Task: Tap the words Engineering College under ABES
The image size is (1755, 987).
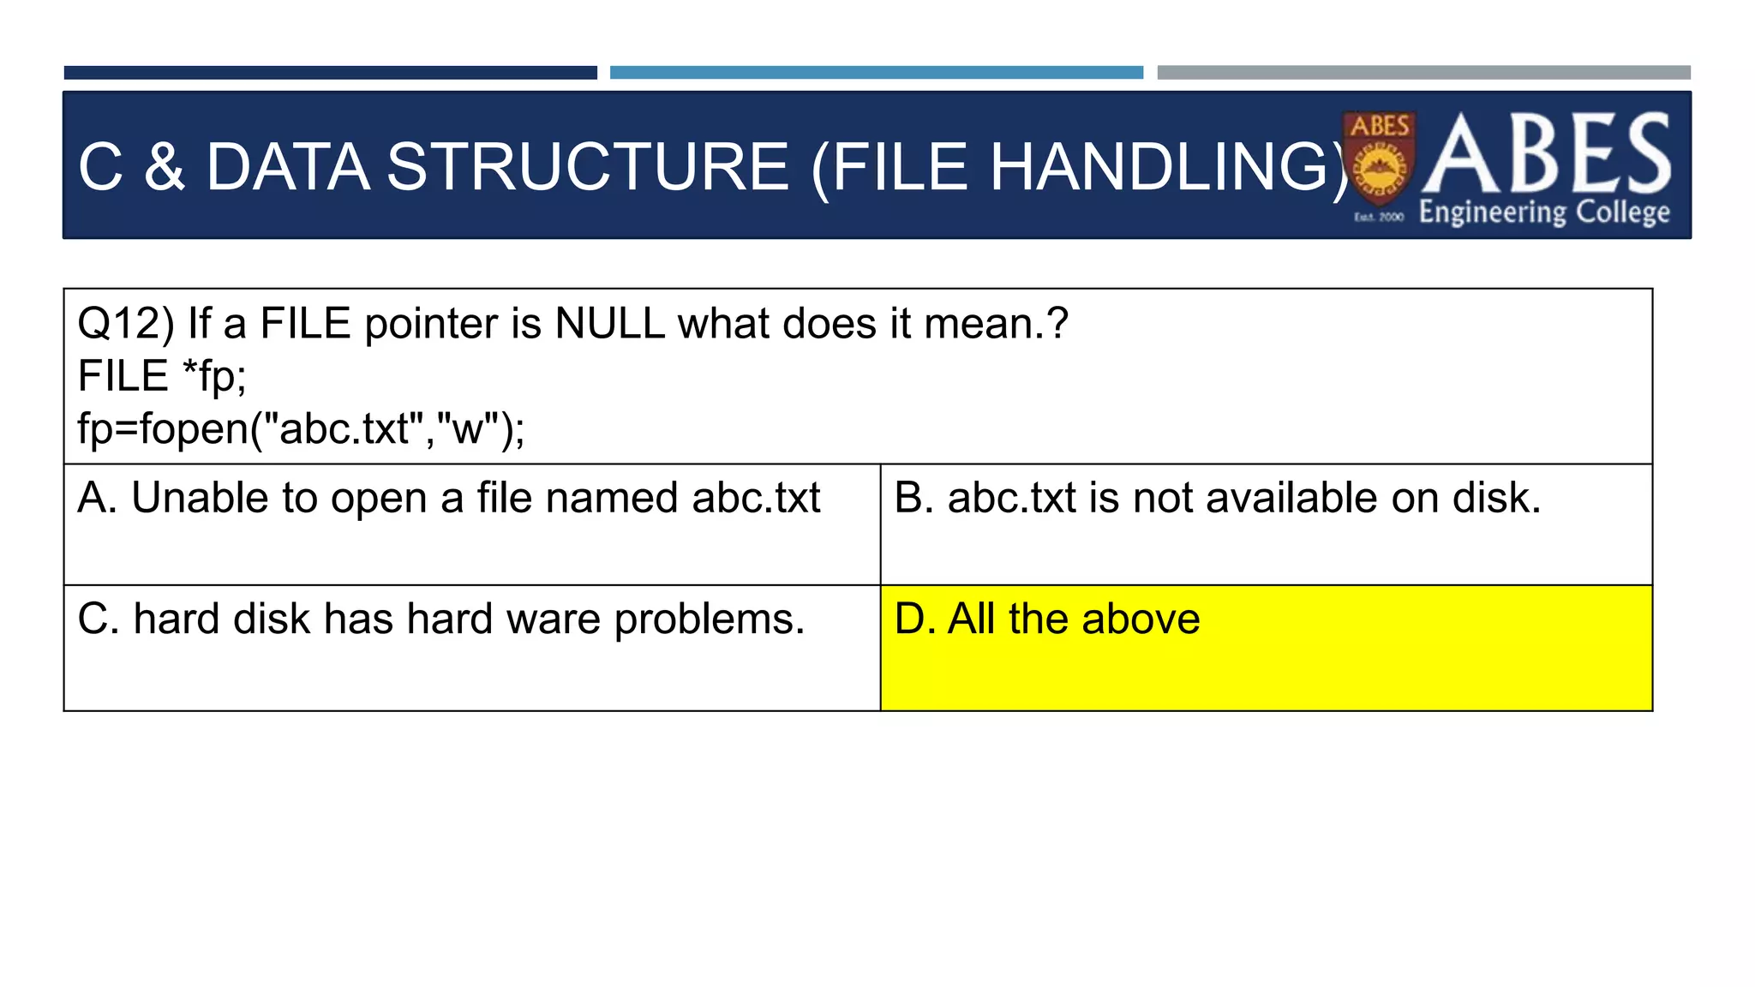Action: click(x=1544, y=212)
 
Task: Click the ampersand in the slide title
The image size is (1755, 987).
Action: click(x=164, y=166)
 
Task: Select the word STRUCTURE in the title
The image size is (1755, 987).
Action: click(x=587, y=166)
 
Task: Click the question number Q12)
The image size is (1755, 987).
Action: click(x=125, y=324)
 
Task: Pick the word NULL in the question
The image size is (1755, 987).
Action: click(x=609, y=324)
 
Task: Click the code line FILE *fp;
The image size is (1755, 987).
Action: click(x=162, y=376)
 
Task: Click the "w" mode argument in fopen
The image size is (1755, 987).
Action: click(x=468, y=428)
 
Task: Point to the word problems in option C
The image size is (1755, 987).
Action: click(x=709, y=619)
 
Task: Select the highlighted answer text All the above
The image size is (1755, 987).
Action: click(x=1074, y=619)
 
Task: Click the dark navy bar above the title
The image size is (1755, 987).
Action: click(x=330, y=73)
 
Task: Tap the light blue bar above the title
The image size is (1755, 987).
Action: click(x=876, y=73)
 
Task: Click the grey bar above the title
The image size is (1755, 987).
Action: click(x=1423, y=73)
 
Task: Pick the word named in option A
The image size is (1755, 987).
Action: click(x=611, y=498)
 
